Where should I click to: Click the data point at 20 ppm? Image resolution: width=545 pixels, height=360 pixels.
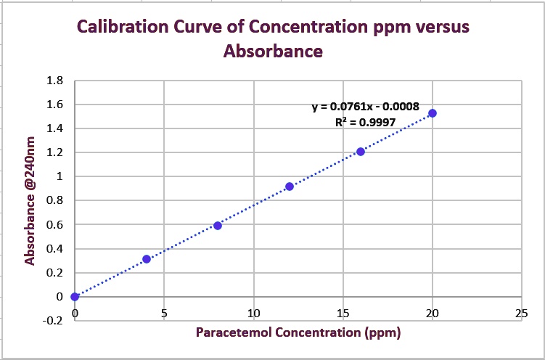click(433, 113)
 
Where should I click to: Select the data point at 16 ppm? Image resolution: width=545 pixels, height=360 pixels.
click(361, 152)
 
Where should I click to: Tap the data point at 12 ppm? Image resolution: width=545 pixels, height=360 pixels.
click(290, 187)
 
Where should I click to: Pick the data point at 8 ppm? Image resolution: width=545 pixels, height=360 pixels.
click(218, 226)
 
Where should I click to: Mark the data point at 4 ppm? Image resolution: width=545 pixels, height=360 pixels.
click(147, 259)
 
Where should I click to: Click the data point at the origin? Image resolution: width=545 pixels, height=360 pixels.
click(75, 296)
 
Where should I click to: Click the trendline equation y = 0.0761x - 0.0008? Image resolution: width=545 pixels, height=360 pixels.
click(365, 107)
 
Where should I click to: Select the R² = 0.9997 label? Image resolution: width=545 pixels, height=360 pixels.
click(365, 123)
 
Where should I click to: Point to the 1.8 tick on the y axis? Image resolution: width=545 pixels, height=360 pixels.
click(54, 81)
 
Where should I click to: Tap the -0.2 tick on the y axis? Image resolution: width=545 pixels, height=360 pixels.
click(53, 321)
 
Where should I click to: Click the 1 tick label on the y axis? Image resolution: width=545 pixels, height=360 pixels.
click(60, 176)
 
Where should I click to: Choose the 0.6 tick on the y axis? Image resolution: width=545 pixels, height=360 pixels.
click(54, 225)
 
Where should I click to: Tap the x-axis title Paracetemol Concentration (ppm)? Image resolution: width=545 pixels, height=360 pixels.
click(298, 333)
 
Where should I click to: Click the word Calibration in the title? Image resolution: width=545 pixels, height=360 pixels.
click(120, 28)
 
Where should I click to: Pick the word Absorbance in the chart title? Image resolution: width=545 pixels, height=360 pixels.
click(273, 52)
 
